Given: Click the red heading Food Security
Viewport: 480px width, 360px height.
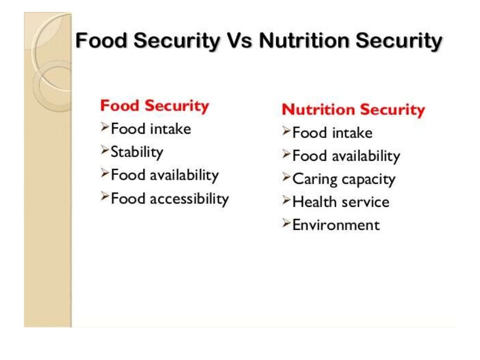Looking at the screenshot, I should pos(155,105).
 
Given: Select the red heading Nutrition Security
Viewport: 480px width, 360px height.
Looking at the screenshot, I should pos(353,110).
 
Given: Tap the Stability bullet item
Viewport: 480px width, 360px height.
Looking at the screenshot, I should pos(136,152).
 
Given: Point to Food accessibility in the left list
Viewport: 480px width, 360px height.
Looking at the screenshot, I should pos(169,198).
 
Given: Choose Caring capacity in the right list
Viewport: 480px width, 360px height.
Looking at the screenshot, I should pos(344,179).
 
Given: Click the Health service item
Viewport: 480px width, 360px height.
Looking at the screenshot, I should pos(341,202).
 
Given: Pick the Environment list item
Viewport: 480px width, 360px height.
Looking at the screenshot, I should pos(336,225).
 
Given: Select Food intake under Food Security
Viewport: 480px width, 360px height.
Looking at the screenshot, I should pos(150,128).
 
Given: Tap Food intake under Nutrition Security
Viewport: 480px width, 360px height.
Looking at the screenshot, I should pos(332,133).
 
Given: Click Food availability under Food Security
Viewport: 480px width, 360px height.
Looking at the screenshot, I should pos(165,175).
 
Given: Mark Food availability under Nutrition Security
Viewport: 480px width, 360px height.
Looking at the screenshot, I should pos(346,156).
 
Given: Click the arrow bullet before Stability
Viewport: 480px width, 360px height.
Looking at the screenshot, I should pos(105,150).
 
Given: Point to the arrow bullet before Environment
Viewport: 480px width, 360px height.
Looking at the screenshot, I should pos(286,224).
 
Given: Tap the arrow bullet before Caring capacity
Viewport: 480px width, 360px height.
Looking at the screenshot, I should pos(286,177).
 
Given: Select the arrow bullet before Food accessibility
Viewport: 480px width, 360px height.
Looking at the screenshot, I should pos(105,197).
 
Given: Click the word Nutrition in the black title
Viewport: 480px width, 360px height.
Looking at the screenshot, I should pos(304,41).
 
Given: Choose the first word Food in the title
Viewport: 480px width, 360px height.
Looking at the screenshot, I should pos(102,41).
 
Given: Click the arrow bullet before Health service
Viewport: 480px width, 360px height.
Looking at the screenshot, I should pos(286,201).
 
